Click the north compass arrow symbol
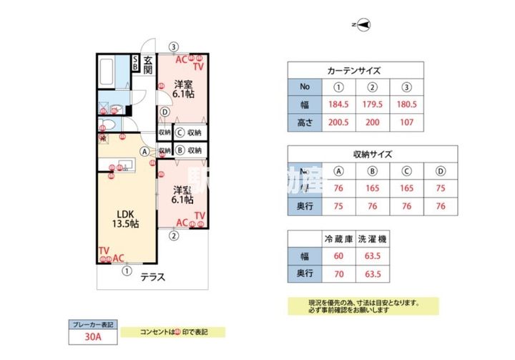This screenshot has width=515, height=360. [x=363, y=25]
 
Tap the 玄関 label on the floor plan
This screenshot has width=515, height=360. [x=148, y=64]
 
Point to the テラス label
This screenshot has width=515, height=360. [x=152, y=278]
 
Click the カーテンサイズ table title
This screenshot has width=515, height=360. [x=353, y=71]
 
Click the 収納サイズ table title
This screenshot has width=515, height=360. [x=372, y=154]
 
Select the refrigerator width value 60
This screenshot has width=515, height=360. [x=338, y=256]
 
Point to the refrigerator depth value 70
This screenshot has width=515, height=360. [x=338, y=273]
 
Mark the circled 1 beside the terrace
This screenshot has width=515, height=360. [x=127, y=271]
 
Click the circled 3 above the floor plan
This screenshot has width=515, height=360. [x=174, y=47]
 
